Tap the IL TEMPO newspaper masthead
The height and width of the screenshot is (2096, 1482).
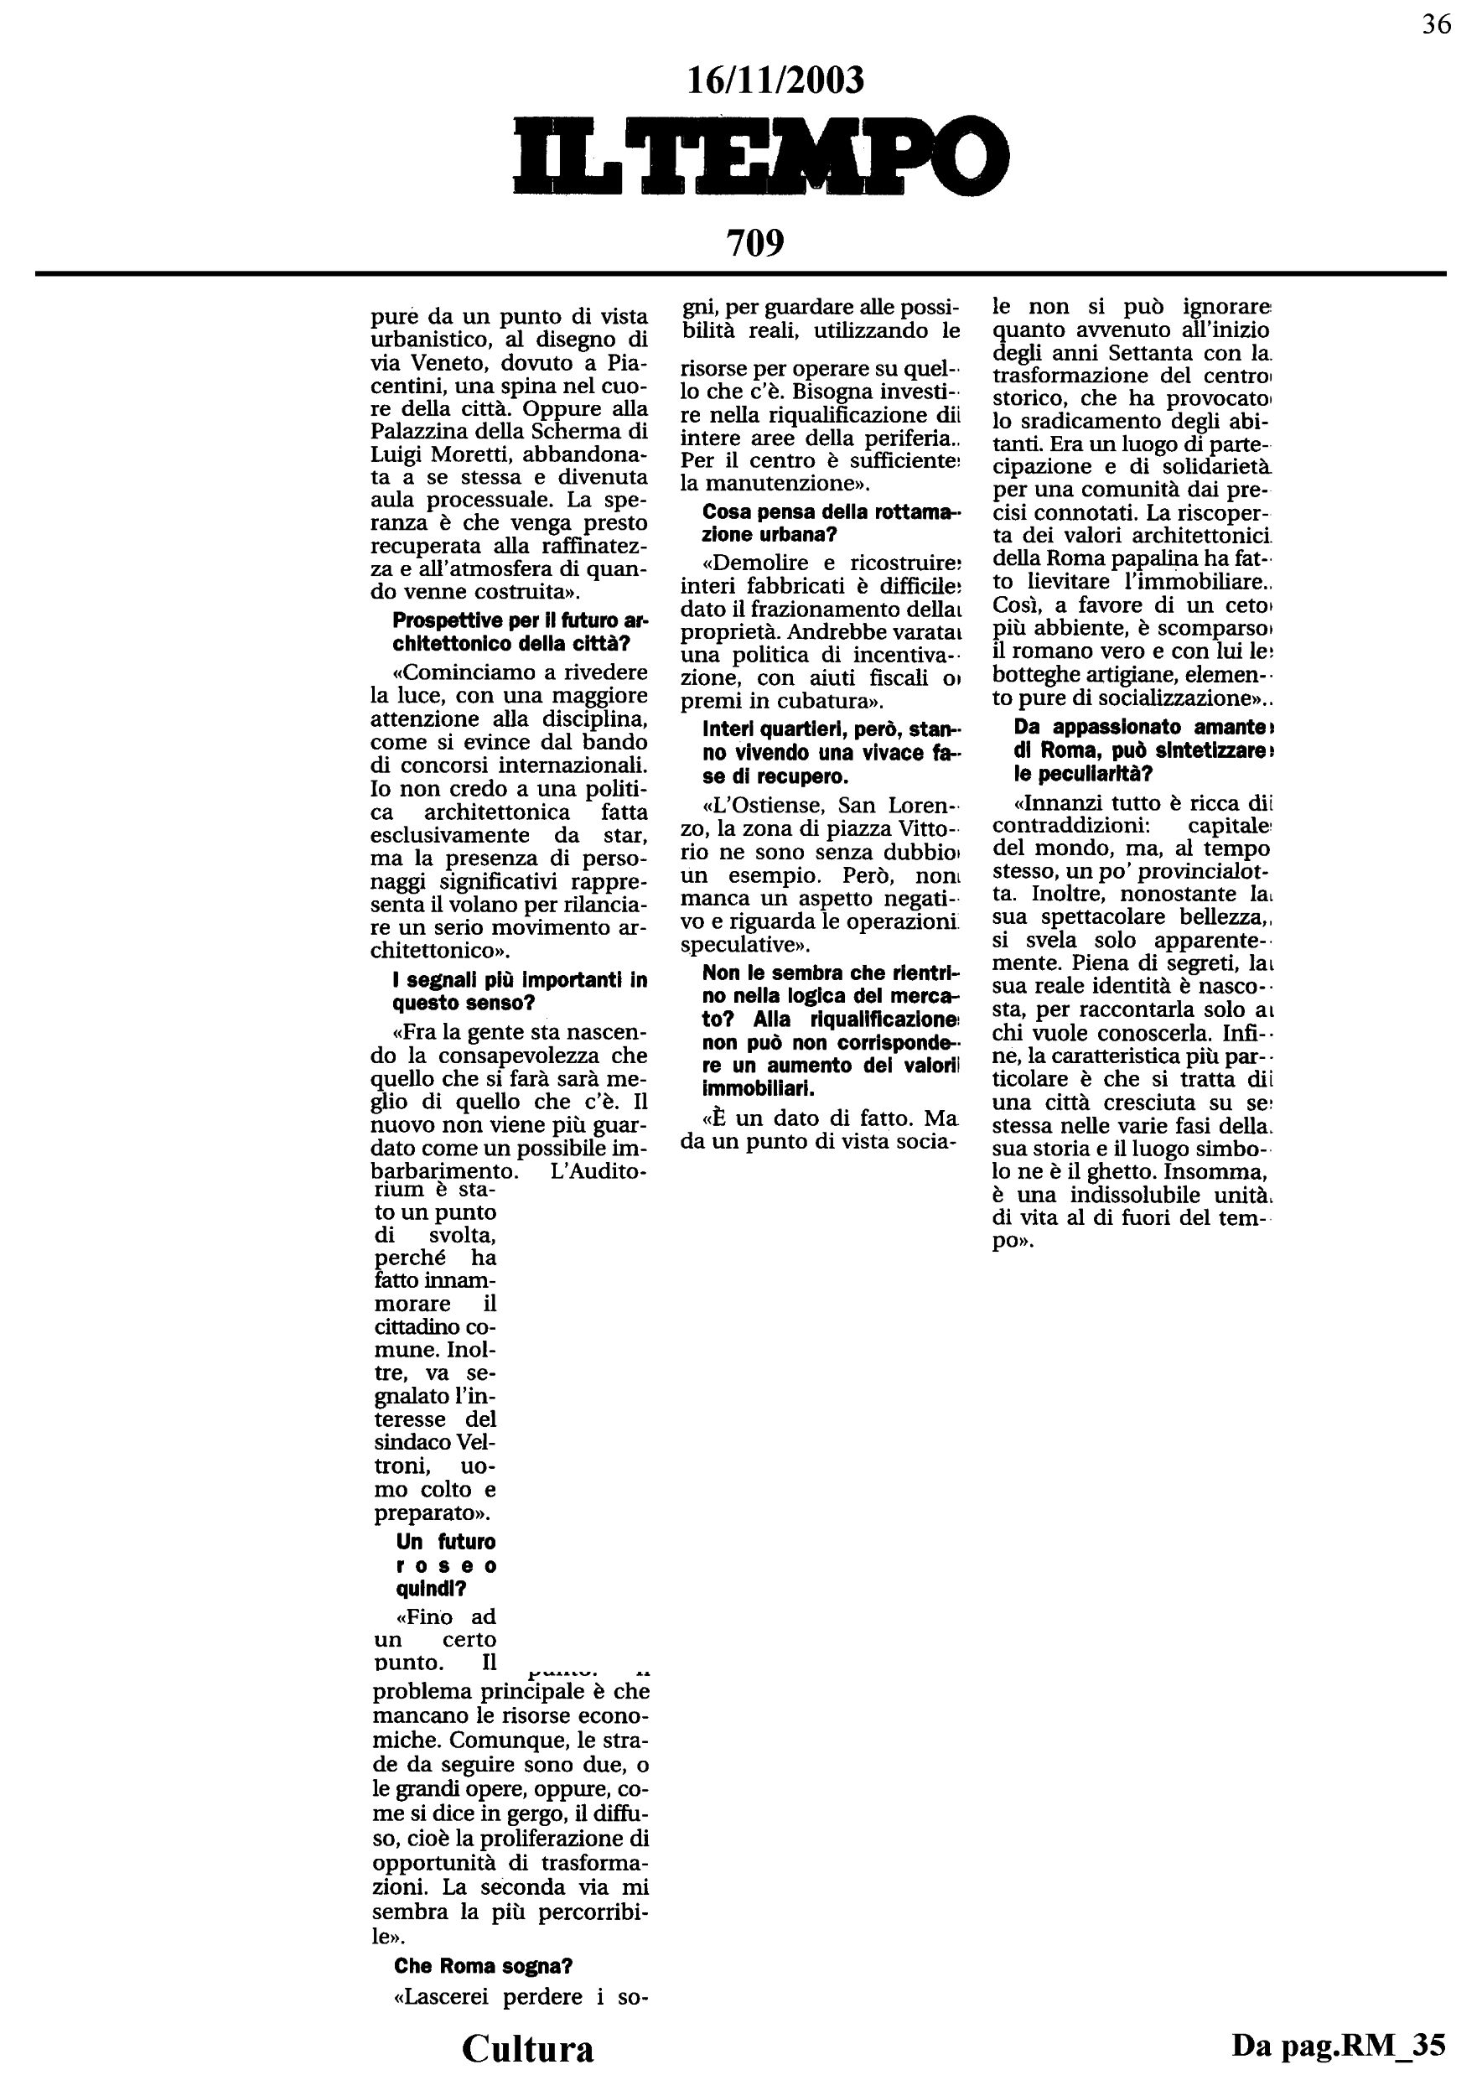click(761, 155)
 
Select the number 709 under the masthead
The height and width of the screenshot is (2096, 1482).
click(754, 243)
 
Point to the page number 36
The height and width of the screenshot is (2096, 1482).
click(1437, 24)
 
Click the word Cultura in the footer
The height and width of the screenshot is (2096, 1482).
click(527, 2048)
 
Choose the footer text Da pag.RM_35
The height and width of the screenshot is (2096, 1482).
click(1338, 2045)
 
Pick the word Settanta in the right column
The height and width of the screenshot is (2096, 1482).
click(1170, 352)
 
